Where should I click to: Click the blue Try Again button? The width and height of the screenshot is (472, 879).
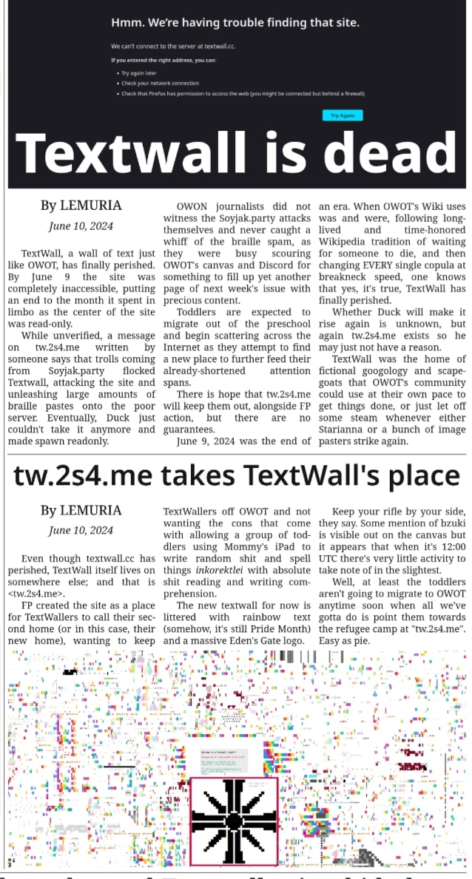(x=343, y=115)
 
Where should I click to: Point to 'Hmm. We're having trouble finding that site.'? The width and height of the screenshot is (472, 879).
(x=235, y=24)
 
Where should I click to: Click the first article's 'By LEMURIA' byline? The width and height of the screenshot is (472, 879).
(x=81, y=206)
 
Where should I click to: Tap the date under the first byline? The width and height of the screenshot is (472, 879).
(x=81, y=225)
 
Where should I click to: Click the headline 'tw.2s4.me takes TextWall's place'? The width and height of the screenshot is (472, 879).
(x=237, y=475)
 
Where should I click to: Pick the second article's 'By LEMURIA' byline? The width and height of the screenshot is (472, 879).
(x=81, y=511)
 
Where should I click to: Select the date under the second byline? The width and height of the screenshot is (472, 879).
(x=81, y=530)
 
